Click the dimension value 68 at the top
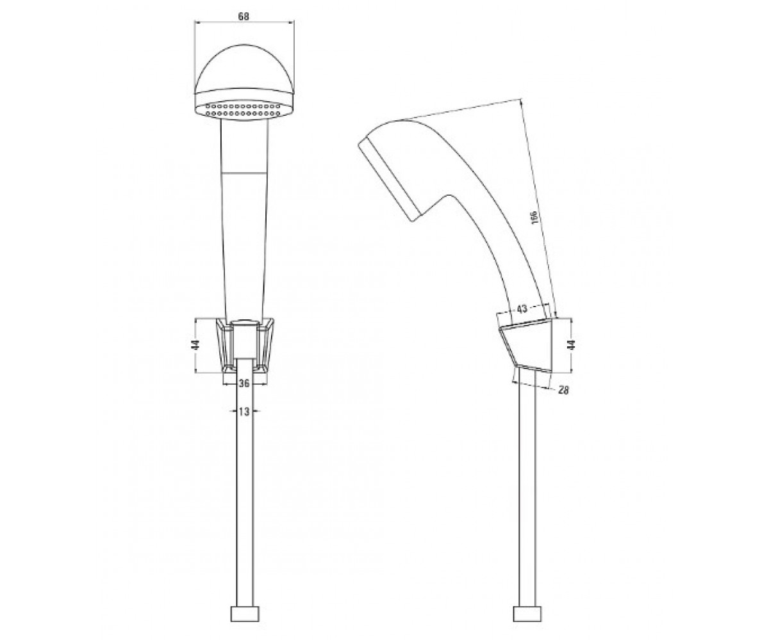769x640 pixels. click(x=244, y=17)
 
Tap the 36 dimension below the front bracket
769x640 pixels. click(x=244, y=383)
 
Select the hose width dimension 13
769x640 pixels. click(x=244, y=412)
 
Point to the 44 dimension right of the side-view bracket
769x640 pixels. click(x=571, y=345)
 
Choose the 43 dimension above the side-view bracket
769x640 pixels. click(x=522, y=309)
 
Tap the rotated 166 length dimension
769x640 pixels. click(x=536, y=217)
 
